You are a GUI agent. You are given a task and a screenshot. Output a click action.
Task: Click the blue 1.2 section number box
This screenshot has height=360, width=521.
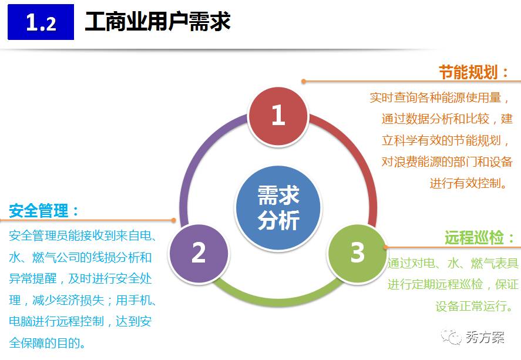pos(41,22)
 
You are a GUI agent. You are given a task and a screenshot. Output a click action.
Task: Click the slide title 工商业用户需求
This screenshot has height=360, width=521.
pos(157,22)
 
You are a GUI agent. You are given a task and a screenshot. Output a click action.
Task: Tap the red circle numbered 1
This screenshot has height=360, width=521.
pos(278,115)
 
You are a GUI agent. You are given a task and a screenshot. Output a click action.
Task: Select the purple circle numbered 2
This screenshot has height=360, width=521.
pos(198,252)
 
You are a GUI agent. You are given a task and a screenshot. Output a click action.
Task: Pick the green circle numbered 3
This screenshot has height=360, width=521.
pos(357,253)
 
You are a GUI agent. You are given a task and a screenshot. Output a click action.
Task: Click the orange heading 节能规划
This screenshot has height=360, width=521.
pos(474,73)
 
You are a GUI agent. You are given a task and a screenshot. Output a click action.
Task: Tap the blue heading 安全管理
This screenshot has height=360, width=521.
pos(45,210)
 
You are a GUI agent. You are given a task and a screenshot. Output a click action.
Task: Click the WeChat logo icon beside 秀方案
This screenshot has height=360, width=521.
pos(452,337)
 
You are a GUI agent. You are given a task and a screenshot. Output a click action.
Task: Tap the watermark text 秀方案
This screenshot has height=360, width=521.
pos(485,337)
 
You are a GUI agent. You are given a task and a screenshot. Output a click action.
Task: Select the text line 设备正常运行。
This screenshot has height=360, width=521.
pos(478,306)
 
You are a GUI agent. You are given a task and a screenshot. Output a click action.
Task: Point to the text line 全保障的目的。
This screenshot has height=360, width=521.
pos(48,342)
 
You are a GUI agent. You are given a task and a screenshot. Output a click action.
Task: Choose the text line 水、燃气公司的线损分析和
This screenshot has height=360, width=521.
pos(81,257)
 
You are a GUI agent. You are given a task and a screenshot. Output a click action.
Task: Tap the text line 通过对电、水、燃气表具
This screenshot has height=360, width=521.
pos(453,264)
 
